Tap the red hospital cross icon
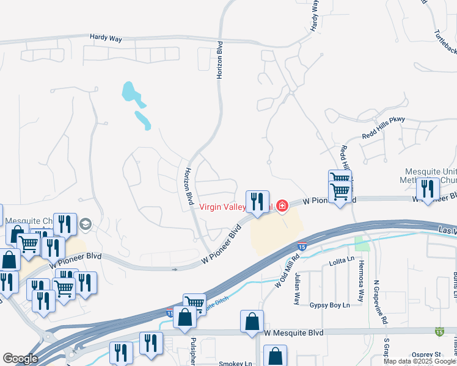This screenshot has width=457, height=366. tap(282, 206)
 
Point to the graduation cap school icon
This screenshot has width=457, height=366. tap(85, 224)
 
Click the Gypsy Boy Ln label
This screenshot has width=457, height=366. tap(329, 304)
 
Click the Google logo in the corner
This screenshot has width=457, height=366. tap(20, 359)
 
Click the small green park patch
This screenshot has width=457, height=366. tap(363, 244)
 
